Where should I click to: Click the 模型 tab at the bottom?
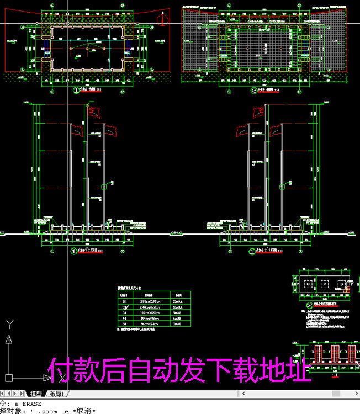click(36, 394)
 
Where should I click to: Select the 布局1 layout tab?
click(57, 394)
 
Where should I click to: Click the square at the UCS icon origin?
click(9, 379)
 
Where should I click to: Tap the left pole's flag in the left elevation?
click(77, 131)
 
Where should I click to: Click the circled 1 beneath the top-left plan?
click(76, 90)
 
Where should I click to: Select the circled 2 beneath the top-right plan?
click(253, 90)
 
